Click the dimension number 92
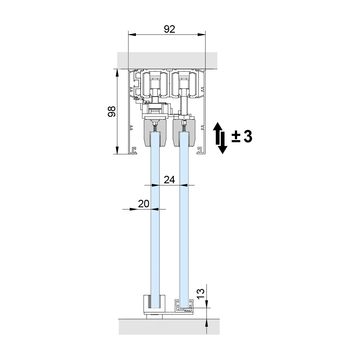click(x=169, y=29)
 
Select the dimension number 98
click(x=112, y=112)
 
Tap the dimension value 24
click(x=169, y=180)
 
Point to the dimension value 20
click(x=143, y=204)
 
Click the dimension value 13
click(x=201, y=294)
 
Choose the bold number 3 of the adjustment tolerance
click(x=248, y=136)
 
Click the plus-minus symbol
click(x=236, y=137)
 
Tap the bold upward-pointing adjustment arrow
click(x=217, y=133)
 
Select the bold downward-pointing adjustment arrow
click(x=223, y=143)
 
